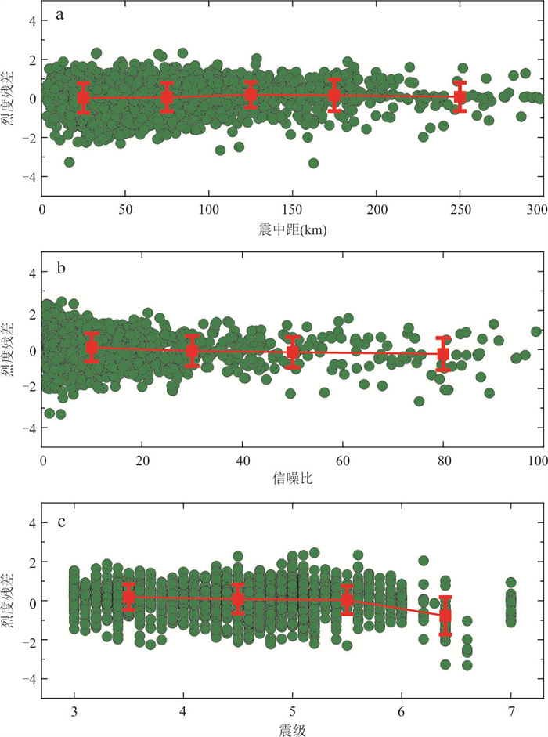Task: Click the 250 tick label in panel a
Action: click(460, 209)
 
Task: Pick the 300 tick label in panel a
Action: click(535, 209)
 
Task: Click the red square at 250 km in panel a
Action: click(460, 96)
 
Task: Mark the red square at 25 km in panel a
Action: click(84, 98)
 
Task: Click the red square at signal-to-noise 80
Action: click(443, 354)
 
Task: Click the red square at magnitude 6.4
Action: click(445, 616)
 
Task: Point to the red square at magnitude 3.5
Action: click(129, 597)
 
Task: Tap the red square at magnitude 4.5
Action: click(238, 599)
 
